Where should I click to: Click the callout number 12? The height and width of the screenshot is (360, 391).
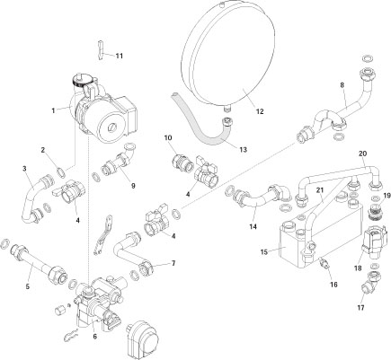(x=259, y=112)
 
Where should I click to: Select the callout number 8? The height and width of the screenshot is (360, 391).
(x=342, y=85)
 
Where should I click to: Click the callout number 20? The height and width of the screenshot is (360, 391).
(x=362, y=154)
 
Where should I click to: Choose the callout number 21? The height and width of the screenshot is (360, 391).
(x=317, y=190)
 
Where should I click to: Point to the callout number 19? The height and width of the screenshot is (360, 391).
(x=387, y=196)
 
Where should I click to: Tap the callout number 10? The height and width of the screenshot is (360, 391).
(x=168, y=137)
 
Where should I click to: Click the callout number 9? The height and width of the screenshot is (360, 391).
(x=132, y=186)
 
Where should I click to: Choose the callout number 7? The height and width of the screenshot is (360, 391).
(x=173, y=264)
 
